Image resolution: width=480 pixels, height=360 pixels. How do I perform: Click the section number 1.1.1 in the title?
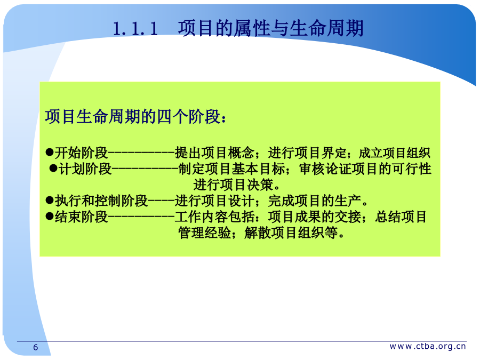(135, 29)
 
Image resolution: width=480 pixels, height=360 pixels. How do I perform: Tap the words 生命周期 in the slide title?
(326, 28)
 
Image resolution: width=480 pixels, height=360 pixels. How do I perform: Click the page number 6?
(36, 347)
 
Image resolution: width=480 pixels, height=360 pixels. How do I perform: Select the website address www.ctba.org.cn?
(428, 346)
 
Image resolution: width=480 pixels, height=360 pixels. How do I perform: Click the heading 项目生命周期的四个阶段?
(133, 117)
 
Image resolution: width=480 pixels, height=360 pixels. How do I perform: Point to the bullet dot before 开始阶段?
(50, 152)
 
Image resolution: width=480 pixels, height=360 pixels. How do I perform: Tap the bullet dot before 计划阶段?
(53, 168)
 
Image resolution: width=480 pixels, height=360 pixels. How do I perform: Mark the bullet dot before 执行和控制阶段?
(50, 200)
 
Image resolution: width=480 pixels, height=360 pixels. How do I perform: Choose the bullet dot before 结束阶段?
(50, 216)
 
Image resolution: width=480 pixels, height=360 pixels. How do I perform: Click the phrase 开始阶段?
(82, 153)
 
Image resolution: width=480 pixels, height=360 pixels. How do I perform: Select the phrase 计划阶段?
(85, 169)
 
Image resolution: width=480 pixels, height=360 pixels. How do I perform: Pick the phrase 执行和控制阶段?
(101, 201)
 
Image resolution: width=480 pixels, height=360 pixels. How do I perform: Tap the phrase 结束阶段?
(82, 217)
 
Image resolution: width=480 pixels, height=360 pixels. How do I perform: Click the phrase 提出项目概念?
(214, 153)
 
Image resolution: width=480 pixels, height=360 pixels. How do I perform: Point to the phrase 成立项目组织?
(394, 153)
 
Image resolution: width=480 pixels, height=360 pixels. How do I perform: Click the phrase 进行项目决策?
(233, 185)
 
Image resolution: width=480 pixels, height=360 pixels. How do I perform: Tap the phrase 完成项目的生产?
(314, 201)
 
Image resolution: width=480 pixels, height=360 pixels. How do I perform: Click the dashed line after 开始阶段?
(141, 152)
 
